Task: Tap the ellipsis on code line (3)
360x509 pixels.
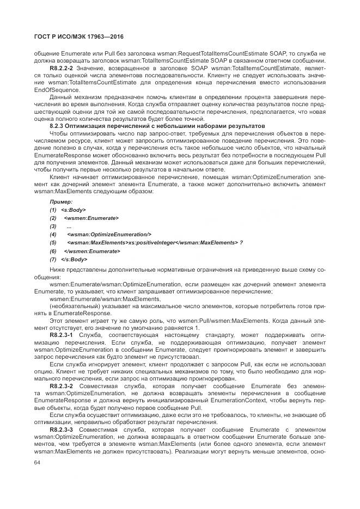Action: pos(69,226)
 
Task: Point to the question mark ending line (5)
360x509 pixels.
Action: pos(242,242)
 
